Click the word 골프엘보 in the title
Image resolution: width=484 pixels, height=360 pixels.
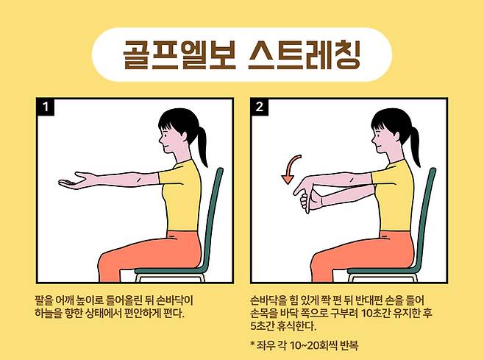point(179,54)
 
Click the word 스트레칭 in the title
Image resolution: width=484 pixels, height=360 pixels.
point(305,54)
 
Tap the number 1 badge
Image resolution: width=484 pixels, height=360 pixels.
point(46,107)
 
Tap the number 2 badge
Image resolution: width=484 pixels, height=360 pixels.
point(260,107)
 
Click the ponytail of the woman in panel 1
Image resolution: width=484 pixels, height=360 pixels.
point(202,145)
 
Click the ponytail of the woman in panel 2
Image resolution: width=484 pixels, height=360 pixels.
point(414,145)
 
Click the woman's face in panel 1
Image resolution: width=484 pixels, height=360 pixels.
point(168,139)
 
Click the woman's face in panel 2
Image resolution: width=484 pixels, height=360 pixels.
point(381,139)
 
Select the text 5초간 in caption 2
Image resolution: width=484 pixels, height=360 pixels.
point(261,326)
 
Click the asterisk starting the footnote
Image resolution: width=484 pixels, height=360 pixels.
point(253,343)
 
